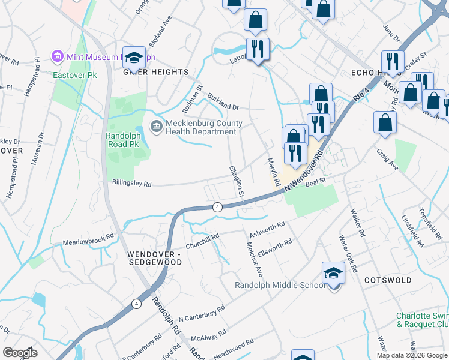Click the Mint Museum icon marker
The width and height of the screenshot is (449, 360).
pos(58,57)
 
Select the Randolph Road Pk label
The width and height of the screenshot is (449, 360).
pos(123,140)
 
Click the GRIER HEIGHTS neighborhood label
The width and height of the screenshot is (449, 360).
pos(155,72)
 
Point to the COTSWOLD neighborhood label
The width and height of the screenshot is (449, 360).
pos(388,280)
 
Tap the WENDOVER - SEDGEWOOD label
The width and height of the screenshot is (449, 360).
pos(154,258)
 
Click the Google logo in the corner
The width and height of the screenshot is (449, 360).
pos(20,353)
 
